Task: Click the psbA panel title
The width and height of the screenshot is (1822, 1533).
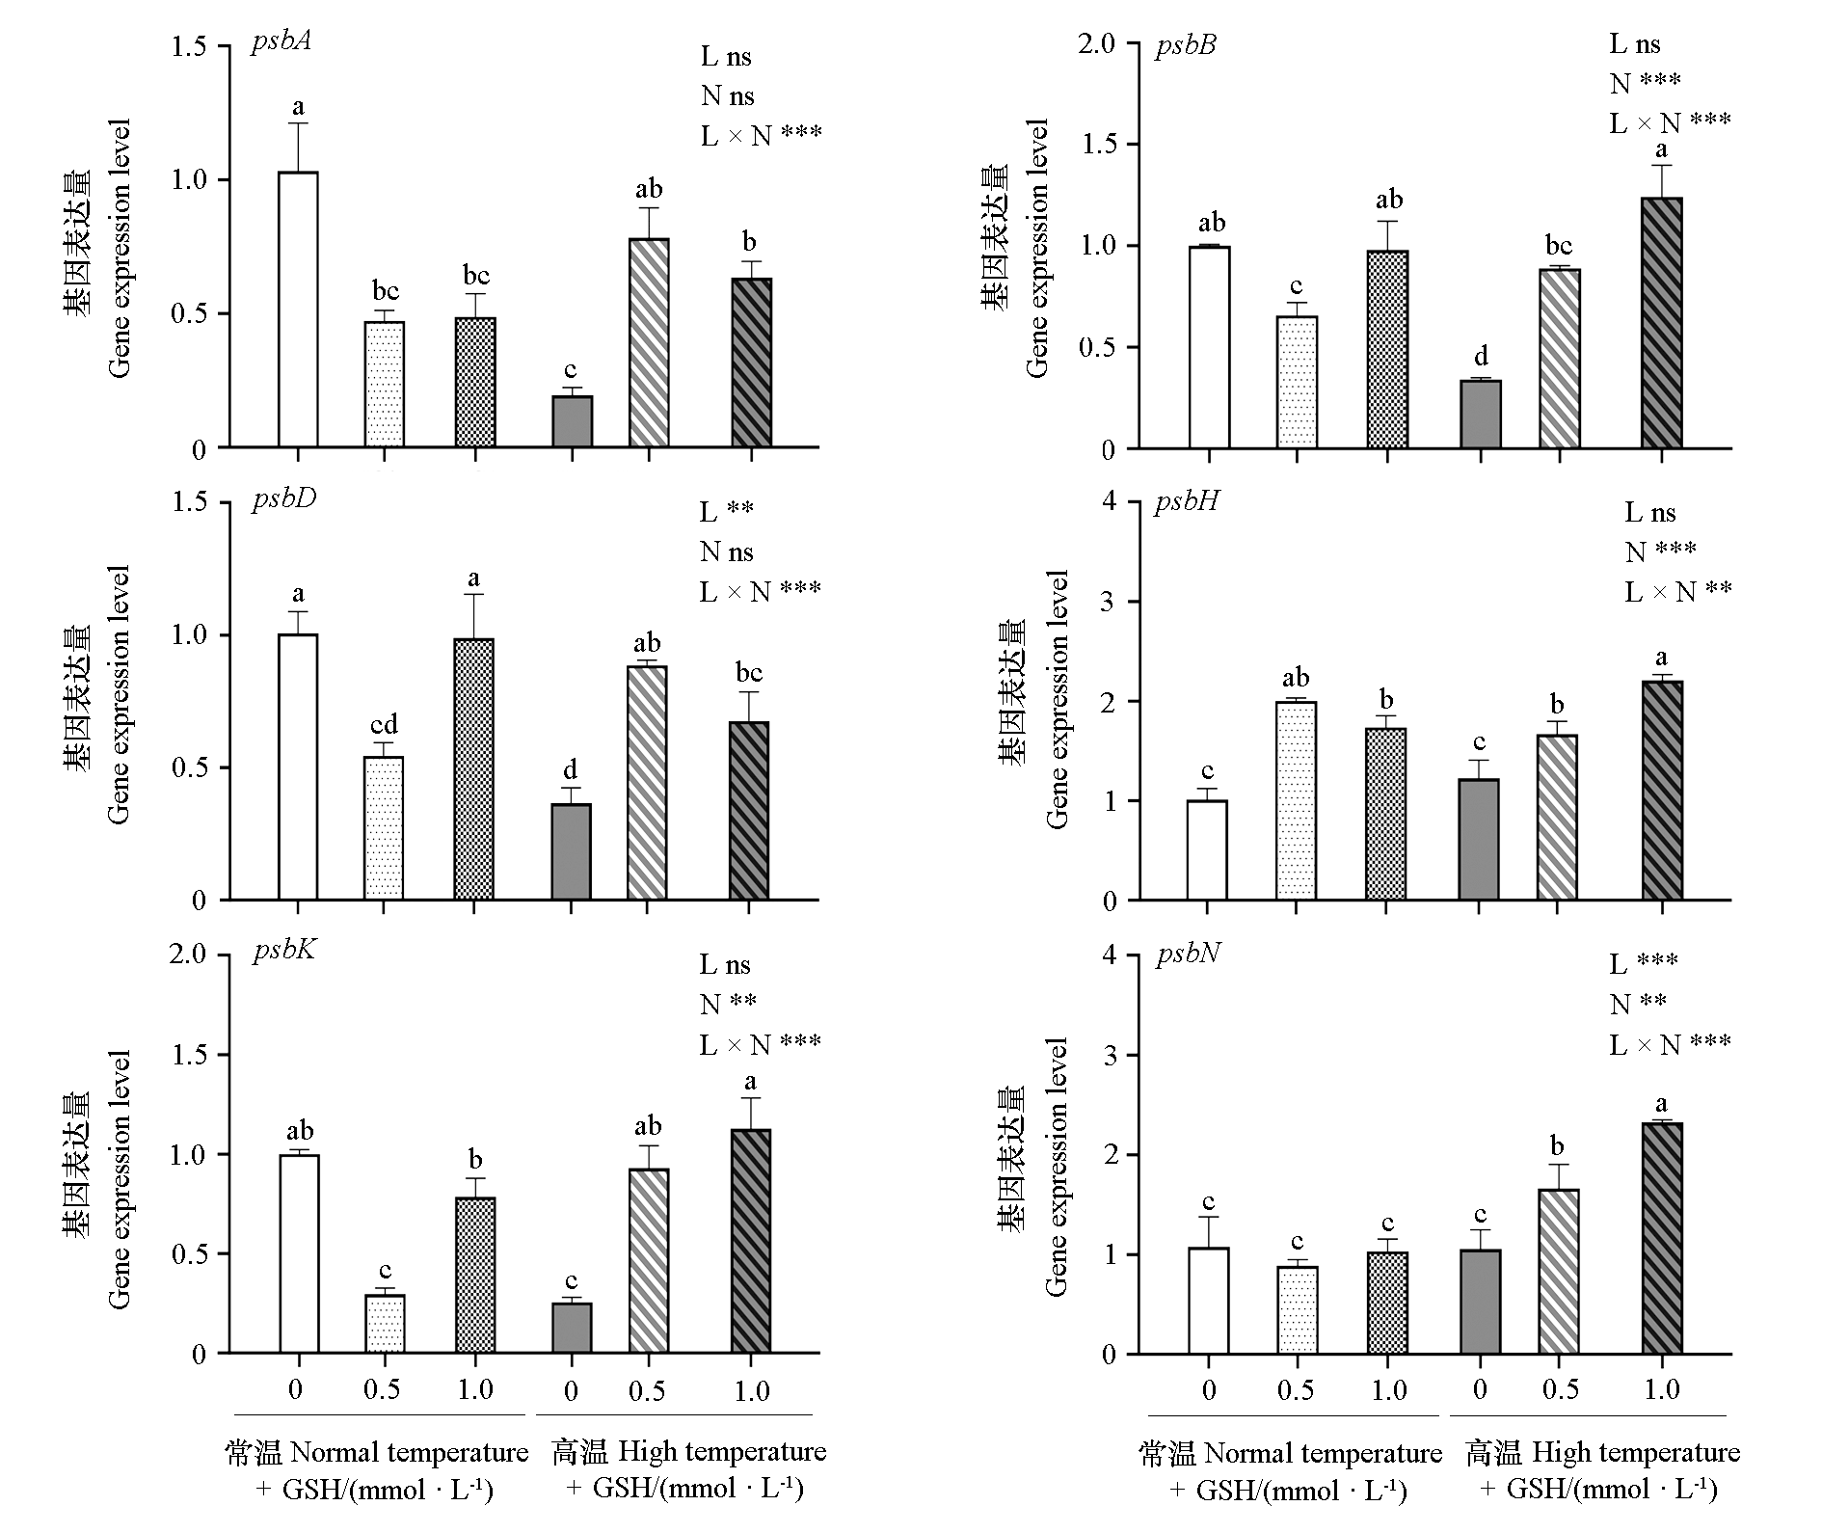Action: (x=281, y=43)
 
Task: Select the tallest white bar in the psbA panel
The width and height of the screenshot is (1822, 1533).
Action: (x=298, y=309)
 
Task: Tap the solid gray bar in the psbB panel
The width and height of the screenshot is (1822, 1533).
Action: (x=1481, y=415)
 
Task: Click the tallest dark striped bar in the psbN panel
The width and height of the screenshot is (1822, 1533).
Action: (x=1662, y=1238)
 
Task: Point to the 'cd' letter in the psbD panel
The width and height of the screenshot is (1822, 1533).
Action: (x=384, y=724)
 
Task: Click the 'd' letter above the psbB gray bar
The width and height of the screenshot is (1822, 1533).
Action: (x=1481, y=357)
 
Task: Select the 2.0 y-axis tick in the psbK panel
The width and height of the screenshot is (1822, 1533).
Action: (x=188, y=955)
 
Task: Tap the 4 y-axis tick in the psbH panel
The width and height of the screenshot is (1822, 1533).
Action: (x=1111, y=501)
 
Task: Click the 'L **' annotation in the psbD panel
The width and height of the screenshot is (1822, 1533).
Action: (x=726, y=510)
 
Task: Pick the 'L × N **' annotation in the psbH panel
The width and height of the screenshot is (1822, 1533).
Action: (x=1677, y=590)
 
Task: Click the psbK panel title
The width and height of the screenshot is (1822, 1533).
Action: (x=284, y=952)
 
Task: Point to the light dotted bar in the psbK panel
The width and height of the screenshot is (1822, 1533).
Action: (x=385, y=1324)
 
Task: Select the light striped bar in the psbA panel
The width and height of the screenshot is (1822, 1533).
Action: (x=649, y=342)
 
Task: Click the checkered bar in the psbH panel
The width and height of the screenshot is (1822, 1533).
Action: (x=1385, y=814)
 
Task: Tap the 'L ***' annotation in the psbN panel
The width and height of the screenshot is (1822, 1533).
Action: (x=1644, y=963)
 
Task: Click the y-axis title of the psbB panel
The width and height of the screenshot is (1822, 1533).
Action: (x=1017, y=249)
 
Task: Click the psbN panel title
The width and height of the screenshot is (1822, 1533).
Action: (x=1189, y=954)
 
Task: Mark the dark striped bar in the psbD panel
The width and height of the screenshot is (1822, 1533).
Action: (x=749, y=810)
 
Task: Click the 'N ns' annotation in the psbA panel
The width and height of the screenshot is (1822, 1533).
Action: (x=727, y=95)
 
